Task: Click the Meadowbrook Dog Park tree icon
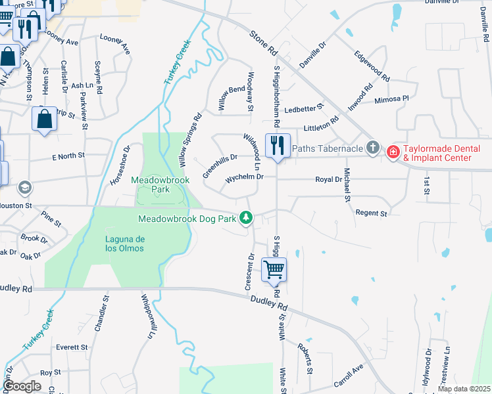(246, 217)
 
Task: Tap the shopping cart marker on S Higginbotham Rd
(274, 269)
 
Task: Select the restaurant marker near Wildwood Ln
(278, 145)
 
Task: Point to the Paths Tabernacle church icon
(373, 147)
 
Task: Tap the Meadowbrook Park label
(155, 184)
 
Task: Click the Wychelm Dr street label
(244, 177)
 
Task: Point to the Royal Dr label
(328, 179)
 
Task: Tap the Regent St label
(371, 213)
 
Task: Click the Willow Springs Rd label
(190, 141)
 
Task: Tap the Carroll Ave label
(349, 375)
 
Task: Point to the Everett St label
(72, 347)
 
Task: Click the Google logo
(22, 386)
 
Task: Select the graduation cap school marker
(25, 188)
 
